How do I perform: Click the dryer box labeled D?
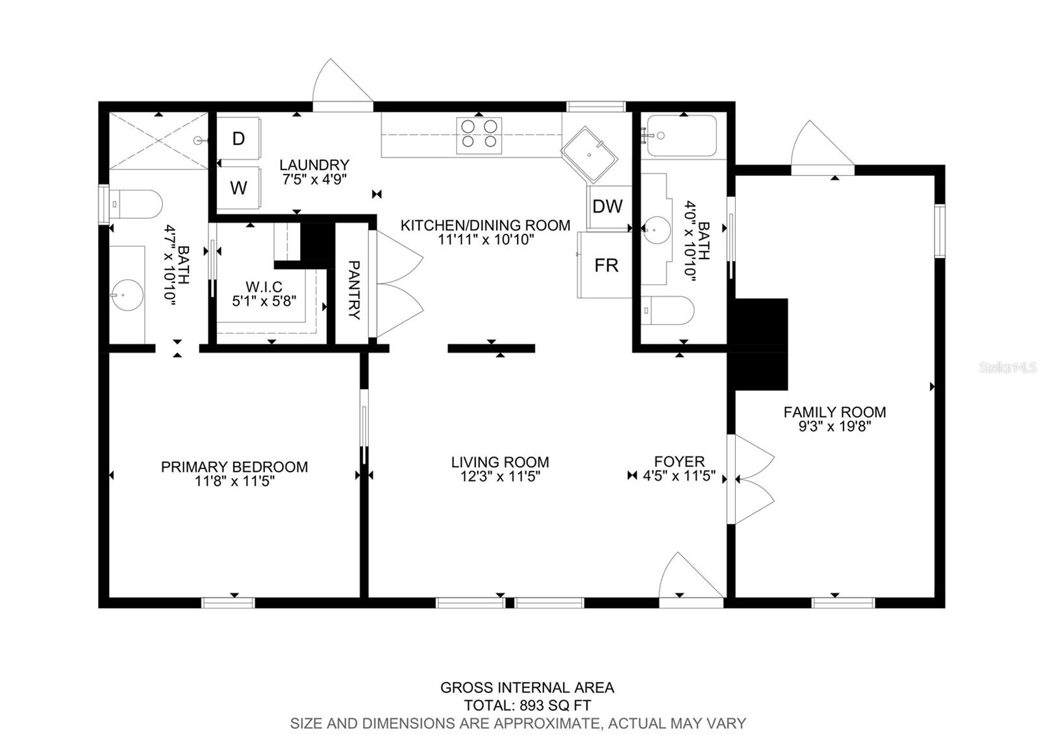(238, 138)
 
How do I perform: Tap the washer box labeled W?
(238, 188)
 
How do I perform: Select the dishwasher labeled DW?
(608, 207)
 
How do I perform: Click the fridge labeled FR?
(606, 265)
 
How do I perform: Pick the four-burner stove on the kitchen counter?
(479, 135)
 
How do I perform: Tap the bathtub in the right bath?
(682, 136)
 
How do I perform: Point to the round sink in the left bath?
(127, 295)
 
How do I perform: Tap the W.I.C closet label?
(264, 287)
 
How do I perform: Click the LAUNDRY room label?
(314, 165)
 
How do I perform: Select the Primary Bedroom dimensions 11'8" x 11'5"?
(234, 481)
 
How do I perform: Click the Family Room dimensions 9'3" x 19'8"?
(834, 427)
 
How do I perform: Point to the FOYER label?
(679, 461)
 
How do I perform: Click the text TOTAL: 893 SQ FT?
(527, 705)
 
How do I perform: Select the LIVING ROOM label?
(500, 462)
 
